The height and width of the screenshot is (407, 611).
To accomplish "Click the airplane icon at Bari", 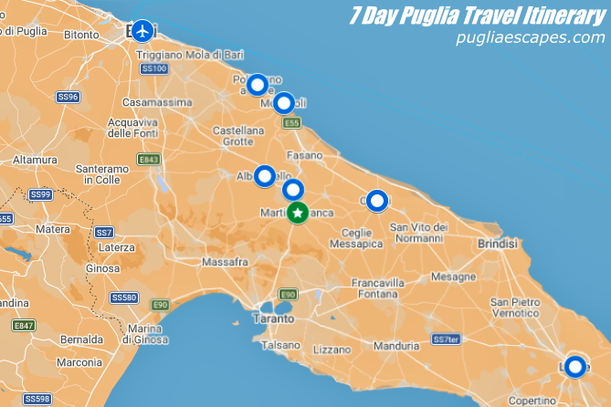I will click(141, 31).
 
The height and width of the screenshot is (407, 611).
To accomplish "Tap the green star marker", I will click(297, 213).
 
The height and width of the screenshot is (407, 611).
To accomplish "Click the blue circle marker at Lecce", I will click(574, 367).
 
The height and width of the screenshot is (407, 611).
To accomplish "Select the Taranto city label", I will click(274, 319).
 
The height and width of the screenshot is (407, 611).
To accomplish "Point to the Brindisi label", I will click(497, 244).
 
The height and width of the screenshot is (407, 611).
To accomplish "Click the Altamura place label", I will click(35, 160).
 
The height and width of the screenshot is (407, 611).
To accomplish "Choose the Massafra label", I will click(225, 262).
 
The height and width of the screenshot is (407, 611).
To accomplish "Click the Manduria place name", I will click(396, 346).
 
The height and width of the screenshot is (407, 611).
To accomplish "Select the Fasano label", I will click(305, 155).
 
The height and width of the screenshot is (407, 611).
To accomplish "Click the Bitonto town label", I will click(80, 35).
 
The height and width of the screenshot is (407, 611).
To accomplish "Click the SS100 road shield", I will click(153, 68).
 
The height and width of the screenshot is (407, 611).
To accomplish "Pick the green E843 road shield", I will click(149, 160).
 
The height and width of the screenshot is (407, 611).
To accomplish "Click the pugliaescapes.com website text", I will click(531, 37).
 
